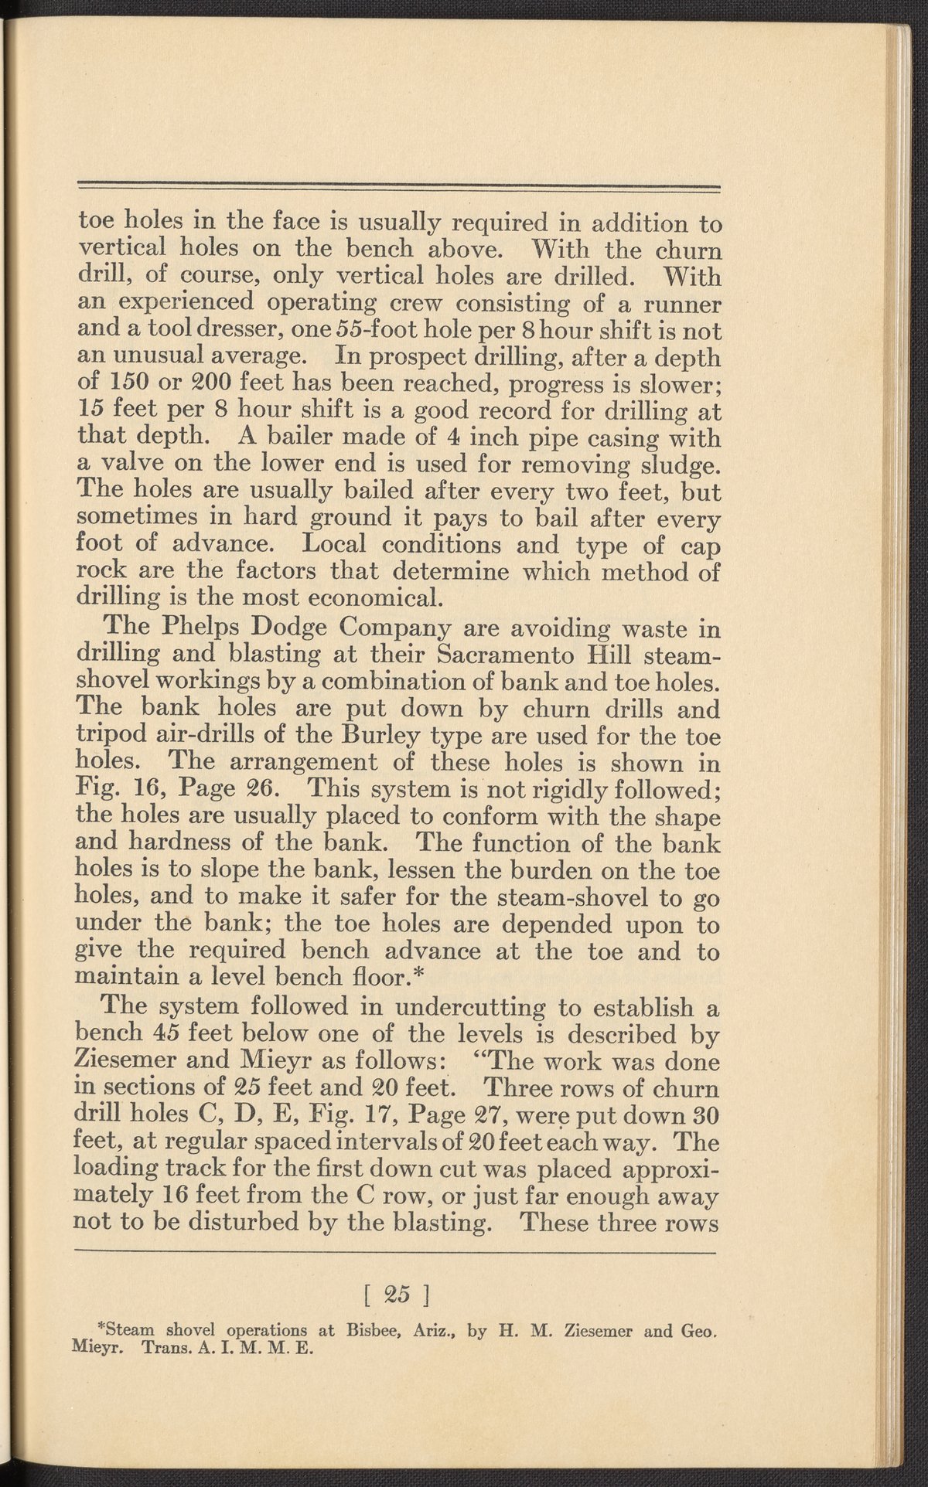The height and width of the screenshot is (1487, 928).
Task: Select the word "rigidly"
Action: [x=592, y=790]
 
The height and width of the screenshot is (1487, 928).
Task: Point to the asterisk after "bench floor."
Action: [x=421, y=975]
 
